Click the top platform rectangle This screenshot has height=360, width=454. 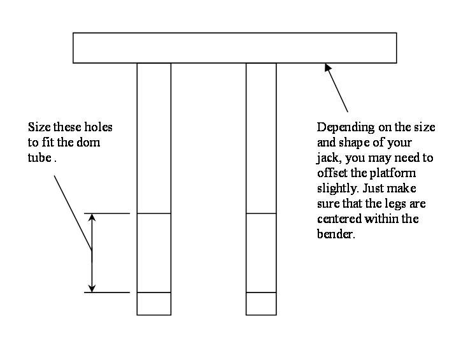pos(234,48)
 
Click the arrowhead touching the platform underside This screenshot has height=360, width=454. pos(328,68)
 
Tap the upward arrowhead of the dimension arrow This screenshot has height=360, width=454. pos(92,218)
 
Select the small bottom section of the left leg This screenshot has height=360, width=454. pos(154,303)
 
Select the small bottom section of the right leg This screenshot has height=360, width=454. pos(261,303)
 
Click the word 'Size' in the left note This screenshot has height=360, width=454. pos(39,127)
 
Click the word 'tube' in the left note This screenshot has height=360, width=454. pos(39,158)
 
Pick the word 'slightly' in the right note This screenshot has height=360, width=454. pos(335,189)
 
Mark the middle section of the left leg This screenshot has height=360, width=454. pos(154,253)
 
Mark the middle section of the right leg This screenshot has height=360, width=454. pos(261,253)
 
